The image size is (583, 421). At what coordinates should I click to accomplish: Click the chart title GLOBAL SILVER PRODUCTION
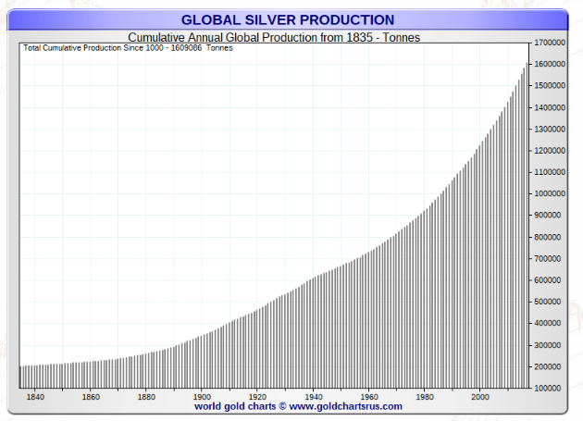[288, 19]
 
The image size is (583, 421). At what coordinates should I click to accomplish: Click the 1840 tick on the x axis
[35, 397]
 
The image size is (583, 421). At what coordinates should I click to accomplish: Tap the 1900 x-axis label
[202, 397]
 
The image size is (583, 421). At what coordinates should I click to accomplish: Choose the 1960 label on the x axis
[369, 397]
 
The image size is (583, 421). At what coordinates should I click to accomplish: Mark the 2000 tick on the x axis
[480, 397]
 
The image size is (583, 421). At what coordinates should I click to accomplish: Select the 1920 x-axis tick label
[257, 397]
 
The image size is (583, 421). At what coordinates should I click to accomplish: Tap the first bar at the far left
[21, 377]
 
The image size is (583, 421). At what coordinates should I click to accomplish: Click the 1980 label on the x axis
[425, 397]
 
